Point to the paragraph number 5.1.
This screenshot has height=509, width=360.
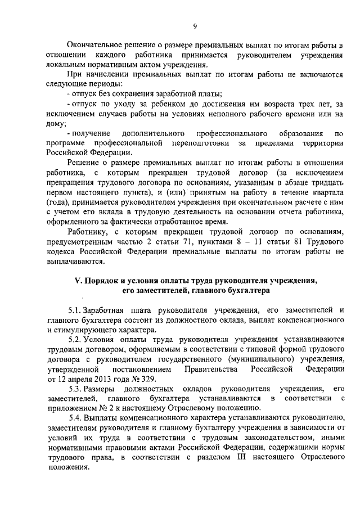(x=74, y=310)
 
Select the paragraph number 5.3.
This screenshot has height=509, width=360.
(x=74, y=389)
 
